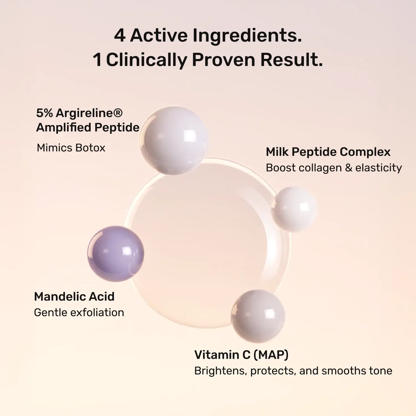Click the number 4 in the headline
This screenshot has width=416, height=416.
pyautogui.click(x=119, y=36)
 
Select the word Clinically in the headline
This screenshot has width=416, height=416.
pyautogui.click(x=147, y=60)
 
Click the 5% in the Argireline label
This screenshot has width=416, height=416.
pyautogui.click(x=45, y=113)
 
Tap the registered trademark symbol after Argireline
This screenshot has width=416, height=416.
pyautogui.click(x=118, y=112)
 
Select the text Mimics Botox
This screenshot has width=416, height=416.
pyautogui.click(x=71, y=148)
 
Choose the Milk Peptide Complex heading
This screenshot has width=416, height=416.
pyautogui.click(x=328, y=152)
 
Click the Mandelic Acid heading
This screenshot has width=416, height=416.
pyautogui.click(x=74, y=297)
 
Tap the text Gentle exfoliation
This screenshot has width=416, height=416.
pyautogui.click(x=79, y=312)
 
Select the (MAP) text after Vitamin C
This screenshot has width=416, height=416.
pyautogui.click(x=271, y=355)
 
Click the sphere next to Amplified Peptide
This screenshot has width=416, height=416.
pyautogui.click(x=174, y=140)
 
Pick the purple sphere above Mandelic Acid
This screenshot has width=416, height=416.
pyautogui.click(x=116, y=254)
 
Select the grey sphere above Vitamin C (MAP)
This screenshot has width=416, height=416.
pyautogui.click(x=258, y=316)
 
